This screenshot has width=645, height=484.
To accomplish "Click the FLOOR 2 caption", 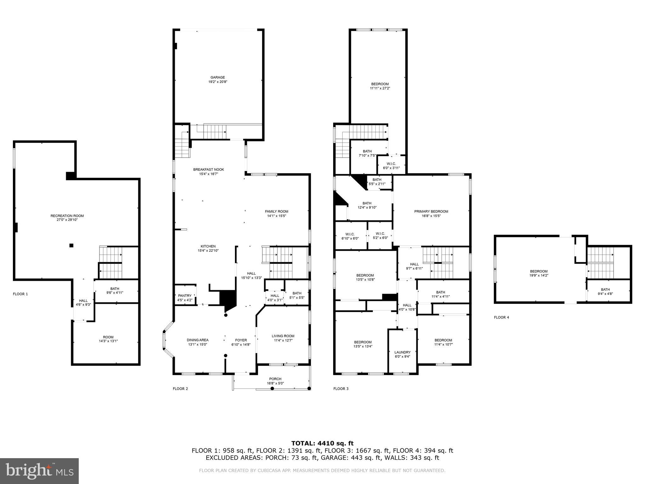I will click(x=180, y=389).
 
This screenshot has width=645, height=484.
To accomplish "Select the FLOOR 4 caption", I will click(x=501, y=317).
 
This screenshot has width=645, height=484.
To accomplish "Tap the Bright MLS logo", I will click(x=39, y=471).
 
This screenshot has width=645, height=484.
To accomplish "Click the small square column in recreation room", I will click(x=71, y=245).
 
